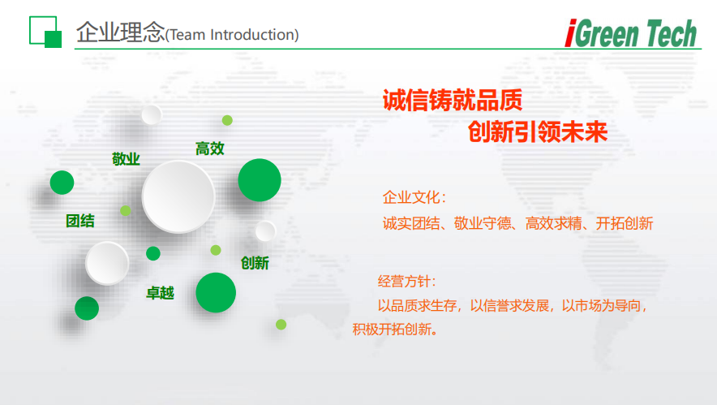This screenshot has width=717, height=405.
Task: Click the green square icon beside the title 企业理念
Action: [x=45, y=32]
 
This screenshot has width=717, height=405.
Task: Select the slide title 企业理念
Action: [x=120, y=32]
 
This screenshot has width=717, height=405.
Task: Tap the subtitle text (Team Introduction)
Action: [x=232, y=35]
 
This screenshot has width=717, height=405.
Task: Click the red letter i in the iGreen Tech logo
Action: [x=570, y=34]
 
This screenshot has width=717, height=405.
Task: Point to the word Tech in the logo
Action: [x=668, y=34]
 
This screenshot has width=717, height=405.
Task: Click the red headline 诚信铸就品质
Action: [x=452, y=100]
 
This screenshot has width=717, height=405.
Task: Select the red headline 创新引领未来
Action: [x=537, y=131]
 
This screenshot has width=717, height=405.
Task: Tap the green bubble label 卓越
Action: [x=160, y=293]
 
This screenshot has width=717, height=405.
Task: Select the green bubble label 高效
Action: [x=209, y=149]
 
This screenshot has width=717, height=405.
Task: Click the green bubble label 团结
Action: [x=79, y=221]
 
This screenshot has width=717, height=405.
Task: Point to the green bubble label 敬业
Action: [x=126, y=159]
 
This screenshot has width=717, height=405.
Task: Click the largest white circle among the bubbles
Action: [x=178, y=196]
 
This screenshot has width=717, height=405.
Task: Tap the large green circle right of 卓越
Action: [x=216, y=293]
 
